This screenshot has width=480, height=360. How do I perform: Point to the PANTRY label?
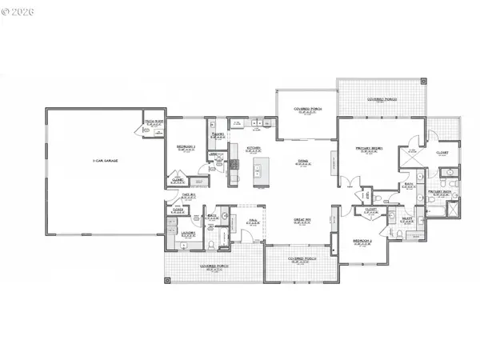[x=217, y=134]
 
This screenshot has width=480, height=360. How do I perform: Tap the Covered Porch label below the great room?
[x=300, y=260]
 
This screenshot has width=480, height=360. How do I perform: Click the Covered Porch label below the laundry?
[x=212, y=269]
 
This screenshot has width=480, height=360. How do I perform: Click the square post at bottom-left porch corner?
[x=167, y=281]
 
